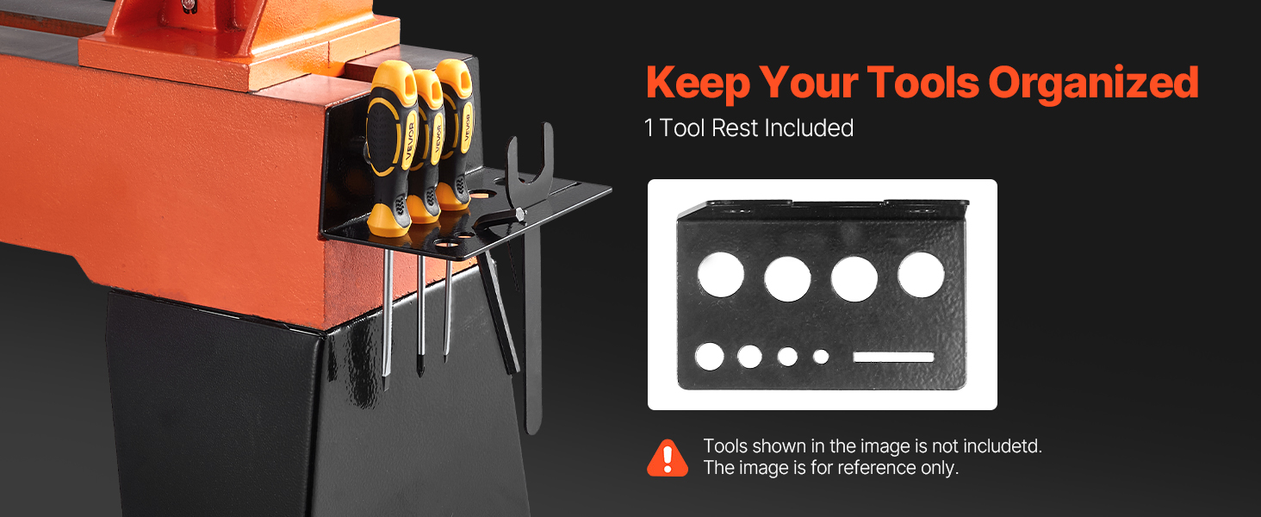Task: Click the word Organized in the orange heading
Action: (1093, 84)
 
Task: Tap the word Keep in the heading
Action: (698, 84)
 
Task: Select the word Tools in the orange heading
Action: (923, 82)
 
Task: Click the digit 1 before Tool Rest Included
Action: (649, 128)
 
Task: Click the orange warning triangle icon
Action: (667, 458)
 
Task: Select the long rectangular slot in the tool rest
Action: (893, 357)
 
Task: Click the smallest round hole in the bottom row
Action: (821, 357)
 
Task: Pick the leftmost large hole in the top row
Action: (721, 275)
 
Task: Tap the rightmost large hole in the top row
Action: (921, 275)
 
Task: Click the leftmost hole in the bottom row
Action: (710, 357)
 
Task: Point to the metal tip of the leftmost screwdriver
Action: (386, 380)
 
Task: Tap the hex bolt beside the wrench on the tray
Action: (520, 214)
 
